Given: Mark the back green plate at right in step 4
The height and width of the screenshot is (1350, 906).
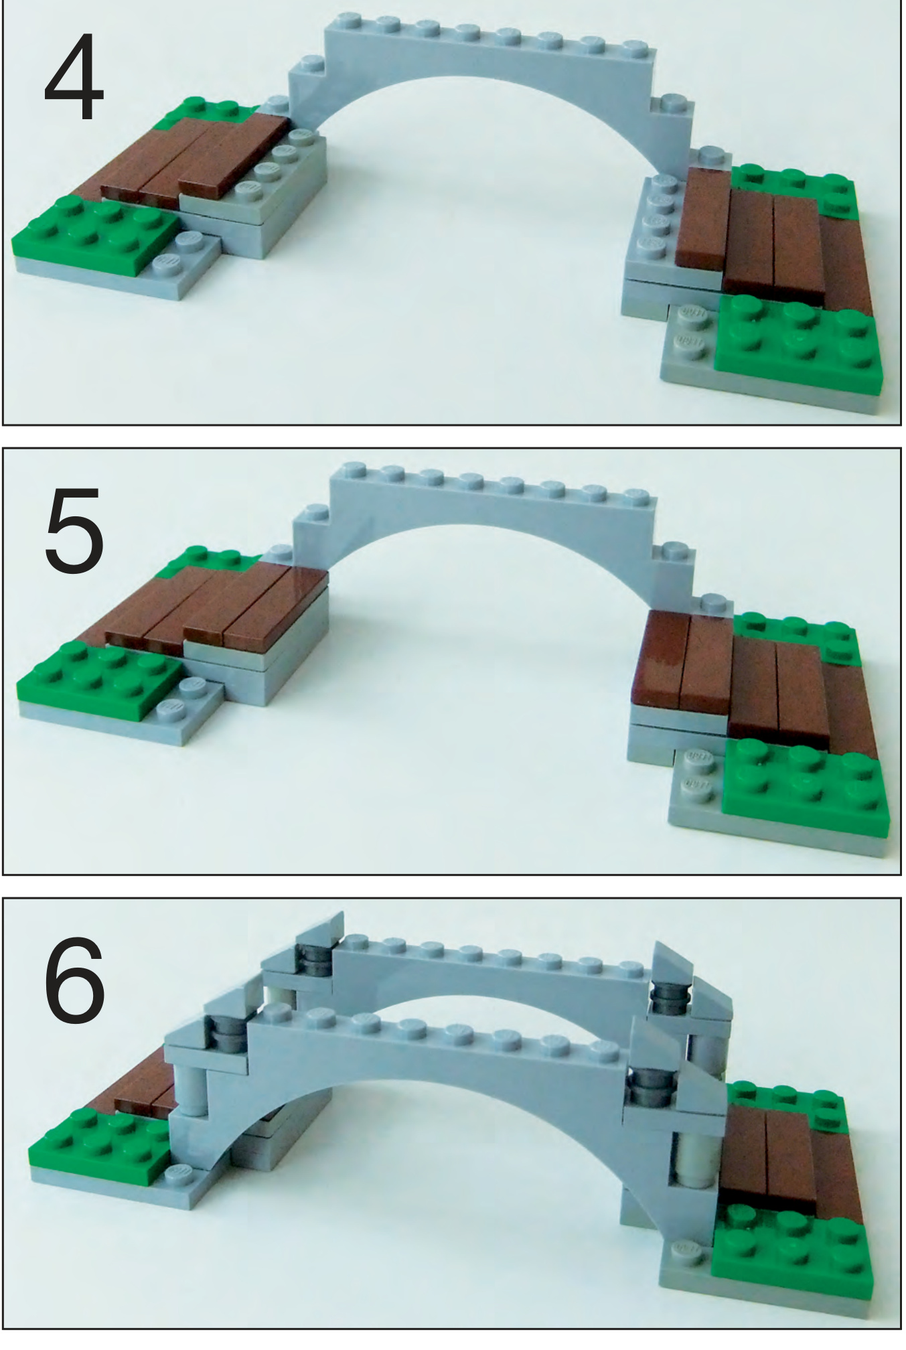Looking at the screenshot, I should pos(797,184).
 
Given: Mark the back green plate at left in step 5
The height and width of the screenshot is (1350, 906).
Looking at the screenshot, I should pos(201,559).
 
